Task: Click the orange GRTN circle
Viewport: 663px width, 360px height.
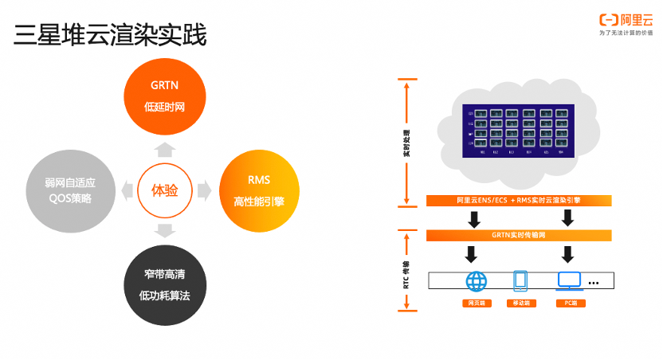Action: click(x=164, y=95)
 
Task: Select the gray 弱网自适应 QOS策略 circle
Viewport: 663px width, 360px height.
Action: click(x=68, y=190)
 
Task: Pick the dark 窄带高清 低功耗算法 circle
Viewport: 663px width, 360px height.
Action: click(x=164, y=284)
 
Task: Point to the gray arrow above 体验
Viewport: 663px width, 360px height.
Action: click(x=164, y=149)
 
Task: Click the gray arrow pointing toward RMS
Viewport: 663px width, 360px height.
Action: click(x=204, y=190)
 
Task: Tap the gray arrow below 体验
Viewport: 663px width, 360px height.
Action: click(x=164, y=231)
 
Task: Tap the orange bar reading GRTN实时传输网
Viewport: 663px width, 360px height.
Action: click(x=519, y=235)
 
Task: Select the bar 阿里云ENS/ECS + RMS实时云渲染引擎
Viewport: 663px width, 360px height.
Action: click(x=519, y=201)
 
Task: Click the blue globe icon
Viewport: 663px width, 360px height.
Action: click(x=477, y=280)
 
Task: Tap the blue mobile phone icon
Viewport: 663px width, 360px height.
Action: click(x=521, y=280)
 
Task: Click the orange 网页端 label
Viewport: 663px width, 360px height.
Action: click(x=477, y=303)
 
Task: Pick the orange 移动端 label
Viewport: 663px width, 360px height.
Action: click(x=521, y=303)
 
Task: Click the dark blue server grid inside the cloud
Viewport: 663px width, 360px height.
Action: click(x=519, y=129)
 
